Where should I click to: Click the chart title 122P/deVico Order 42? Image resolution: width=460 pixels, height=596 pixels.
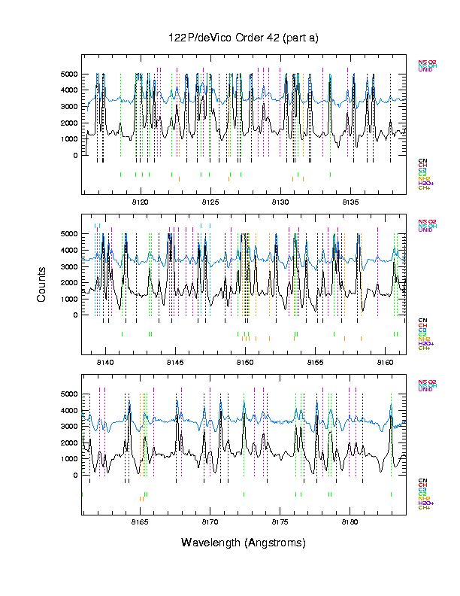[244, 38]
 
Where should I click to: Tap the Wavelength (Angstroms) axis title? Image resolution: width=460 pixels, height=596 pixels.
[244, 543]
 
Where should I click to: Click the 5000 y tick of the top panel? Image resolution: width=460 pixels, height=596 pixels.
[68, 74]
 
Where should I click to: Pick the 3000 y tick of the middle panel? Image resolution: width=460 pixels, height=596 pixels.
[68, 266]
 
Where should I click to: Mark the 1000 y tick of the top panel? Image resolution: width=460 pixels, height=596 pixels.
[68, 139]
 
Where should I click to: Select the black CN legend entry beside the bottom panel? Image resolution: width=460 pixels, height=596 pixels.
[422, 480]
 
